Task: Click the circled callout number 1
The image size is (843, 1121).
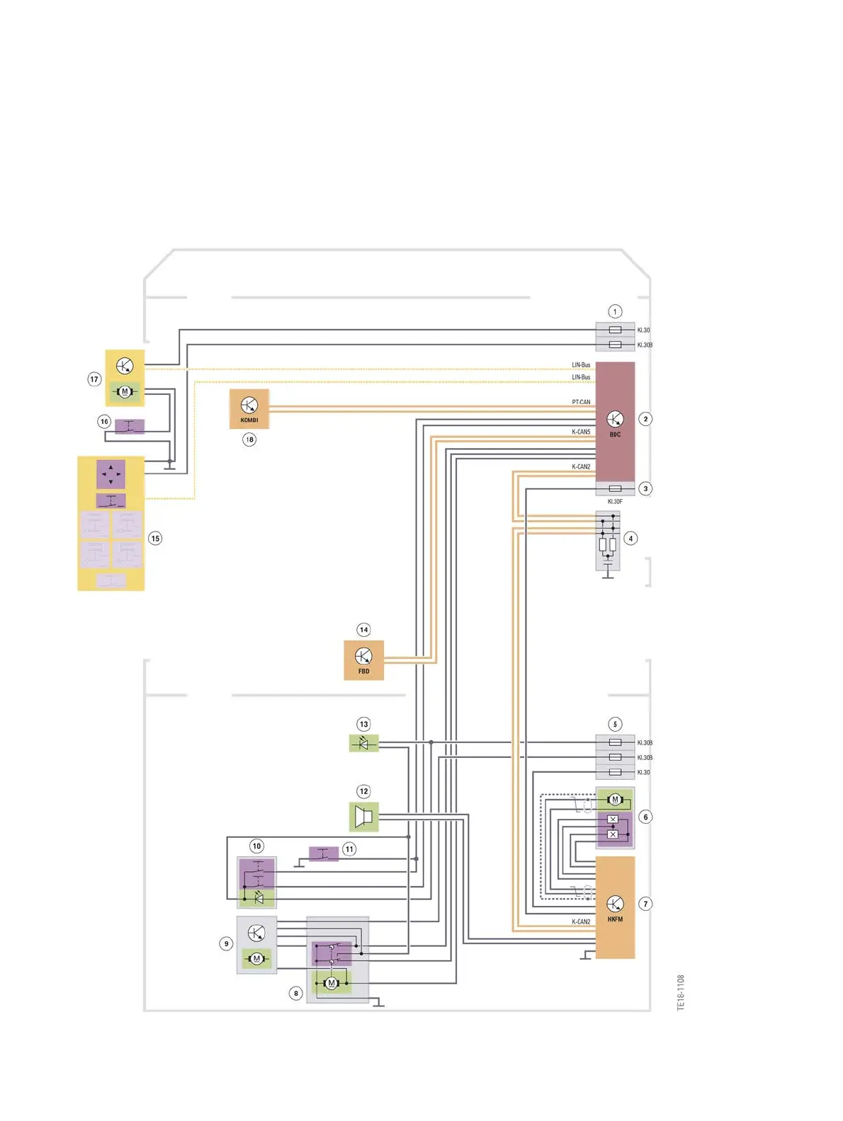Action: pyautogui.click(x=615, y=311)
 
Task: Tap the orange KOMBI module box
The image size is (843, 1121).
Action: pyautogui.click(x=249, y=408)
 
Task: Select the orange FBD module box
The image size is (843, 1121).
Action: pyautogui.click(x=363, y=660)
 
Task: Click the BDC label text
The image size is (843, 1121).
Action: pyautogui.click(x=615, y=435)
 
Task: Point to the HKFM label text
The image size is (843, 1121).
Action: pyautogui.click(x=615, y=919)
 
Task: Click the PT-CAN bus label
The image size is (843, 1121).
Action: pyautogui.click(x=581, y=402)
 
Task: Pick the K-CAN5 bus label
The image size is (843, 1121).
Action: pyautogui.click(x=581, y=432)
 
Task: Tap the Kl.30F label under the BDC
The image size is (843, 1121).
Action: pyautogui.click(x=615, y=502)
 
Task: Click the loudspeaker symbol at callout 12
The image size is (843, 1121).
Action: pyautogui.click(x=364, y=817)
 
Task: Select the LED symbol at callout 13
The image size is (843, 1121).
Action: pyautogui.click(x=364, y=743)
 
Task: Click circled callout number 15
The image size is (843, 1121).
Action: pyautogui.click(x=155, y=539)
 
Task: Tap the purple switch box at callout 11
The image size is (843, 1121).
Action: pyautogui.click(x=324, y=853)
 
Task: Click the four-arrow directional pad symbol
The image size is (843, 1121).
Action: pyautogui.click(x=111, y=474)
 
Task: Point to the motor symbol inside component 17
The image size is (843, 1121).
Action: pyautogui.click(x=125, y=391)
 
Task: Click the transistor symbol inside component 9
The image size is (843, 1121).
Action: pyautogui.click(x=256, y=933)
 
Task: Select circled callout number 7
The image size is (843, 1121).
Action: pyautogui.click(x=645, y=904)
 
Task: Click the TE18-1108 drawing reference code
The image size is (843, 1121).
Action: pyautogui.click(x=681, y=993)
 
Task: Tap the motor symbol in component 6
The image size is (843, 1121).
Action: pyautogui.click(x=615, y=800)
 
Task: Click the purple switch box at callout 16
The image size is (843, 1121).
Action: pyautogui.click(x=130, y=426)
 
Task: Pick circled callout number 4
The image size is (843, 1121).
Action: pyautogui.click(x=630, y=539)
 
